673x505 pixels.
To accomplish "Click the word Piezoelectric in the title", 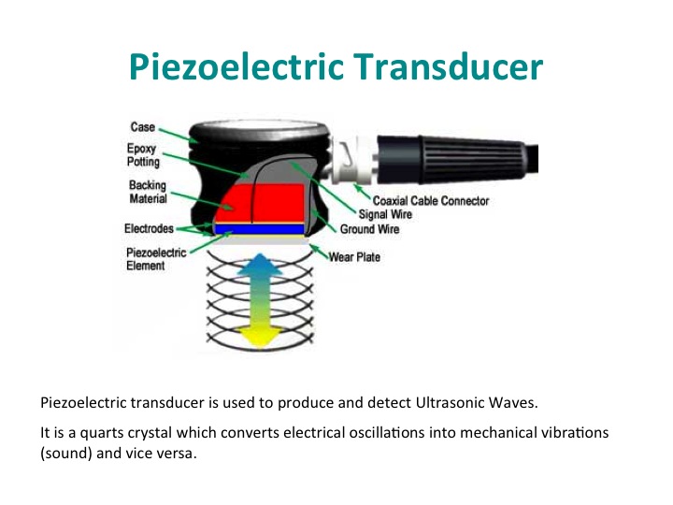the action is point(236,67).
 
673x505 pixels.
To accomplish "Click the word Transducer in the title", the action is point(448,66).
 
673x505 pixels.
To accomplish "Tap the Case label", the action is point(142,127).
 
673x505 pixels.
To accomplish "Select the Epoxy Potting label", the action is point(143,155).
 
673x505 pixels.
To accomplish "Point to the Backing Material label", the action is point(148,192).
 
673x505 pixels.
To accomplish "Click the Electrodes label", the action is point(149,228).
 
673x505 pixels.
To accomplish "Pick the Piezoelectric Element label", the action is point(156,259).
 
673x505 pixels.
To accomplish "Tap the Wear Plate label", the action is point(354,257).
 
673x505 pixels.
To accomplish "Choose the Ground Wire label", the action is point(369,229).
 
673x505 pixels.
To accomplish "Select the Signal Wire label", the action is point(385,214).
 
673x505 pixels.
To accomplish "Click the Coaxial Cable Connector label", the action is point(431,200).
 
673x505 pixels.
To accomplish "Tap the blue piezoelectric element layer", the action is point(259,229).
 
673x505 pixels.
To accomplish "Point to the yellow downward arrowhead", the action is point(259,337).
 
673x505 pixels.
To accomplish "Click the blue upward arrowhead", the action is point(260,264).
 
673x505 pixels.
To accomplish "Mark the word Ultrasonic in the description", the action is point(443,402).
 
